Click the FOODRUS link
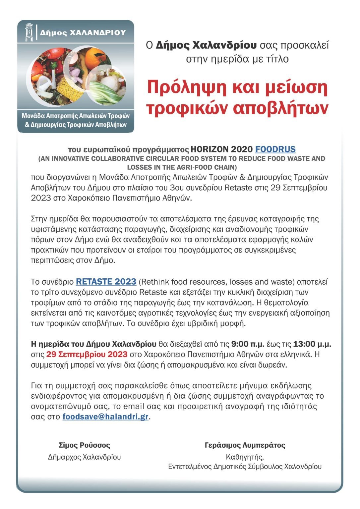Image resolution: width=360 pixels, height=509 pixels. [275, 149]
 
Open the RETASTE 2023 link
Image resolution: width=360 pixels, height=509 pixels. [106, 282]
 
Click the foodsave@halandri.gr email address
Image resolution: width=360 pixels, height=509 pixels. [105, 417]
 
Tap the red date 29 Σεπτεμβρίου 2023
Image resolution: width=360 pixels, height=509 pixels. [87, 354]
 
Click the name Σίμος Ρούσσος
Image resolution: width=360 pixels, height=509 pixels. [84, 445]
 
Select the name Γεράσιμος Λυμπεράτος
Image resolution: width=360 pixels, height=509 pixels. [245, 445]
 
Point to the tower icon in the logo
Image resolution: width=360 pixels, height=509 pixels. [29, 32]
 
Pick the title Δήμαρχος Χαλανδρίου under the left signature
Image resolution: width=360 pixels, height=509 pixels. [84, 457]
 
